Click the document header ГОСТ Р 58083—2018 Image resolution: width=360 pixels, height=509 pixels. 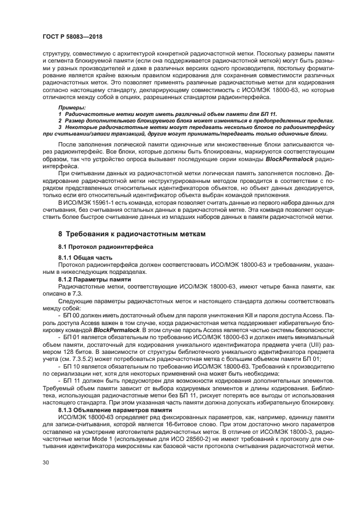pyautogui.click(x=72, y=36)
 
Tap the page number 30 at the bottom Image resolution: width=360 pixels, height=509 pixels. pyautogui.click(x=45, y=462)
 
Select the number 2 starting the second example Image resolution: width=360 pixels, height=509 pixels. pyautogui.click(x=60, y=120)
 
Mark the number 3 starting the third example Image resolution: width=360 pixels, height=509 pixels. pyautogui.click(x=60, y=126)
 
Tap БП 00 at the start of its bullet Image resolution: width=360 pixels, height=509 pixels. pyautogui.click(x=72, y=316)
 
